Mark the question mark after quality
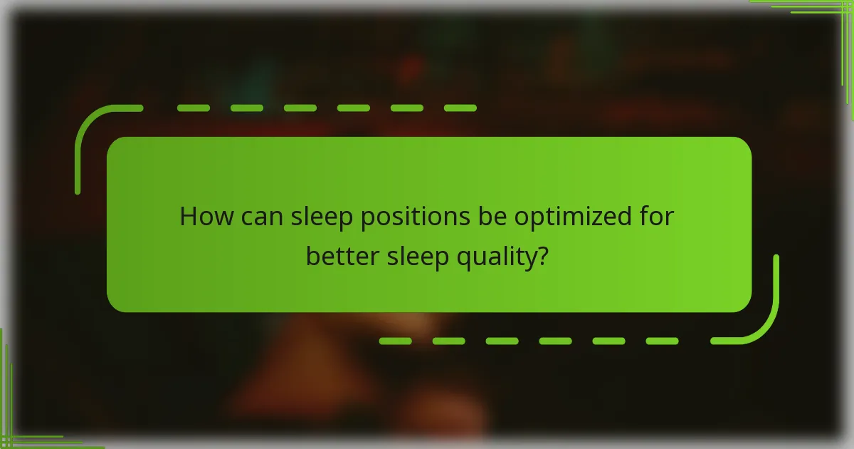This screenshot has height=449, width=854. [x=542, y=256]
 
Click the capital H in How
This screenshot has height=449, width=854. [x=187, y=217]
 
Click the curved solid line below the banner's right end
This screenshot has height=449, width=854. [x=765, y=321]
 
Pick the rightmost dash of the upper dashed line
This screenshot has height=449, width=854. [x=460, y=108]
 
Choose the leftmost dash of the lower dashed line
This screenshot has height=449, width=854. [x=395, y=341]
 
